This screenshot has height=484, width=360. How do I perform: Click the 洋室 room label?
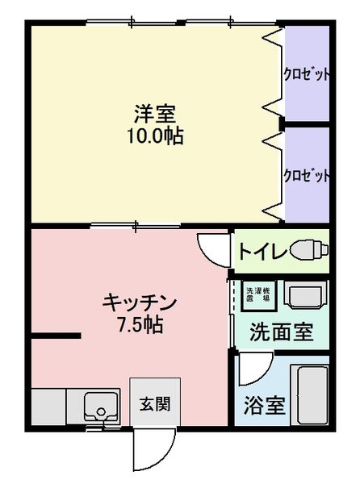tap(154, 113)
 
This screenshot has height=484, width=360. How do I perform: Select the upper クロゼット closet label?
tap(306, 75)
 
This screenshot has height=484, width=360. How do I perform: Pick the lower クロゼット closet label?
tap(306, 176)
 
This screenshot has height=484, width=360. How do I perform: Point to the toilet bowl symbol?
tap(309, 248)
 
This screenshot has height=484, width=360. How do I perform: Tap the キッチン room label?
tap(139, 302)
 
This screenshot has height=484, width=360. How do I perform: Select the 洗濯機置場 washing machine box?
tap(259, 295)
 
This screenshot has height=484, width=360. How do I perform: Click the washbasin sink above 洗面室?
tap(307, 296)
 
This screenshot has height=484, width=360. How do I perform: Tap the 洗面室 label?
tap(280, 332)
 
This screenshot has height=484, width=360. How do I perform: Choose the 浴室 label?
tap(265, 404)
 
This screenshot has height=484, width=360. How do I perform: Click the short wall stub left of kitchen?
tap(57, 335)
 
